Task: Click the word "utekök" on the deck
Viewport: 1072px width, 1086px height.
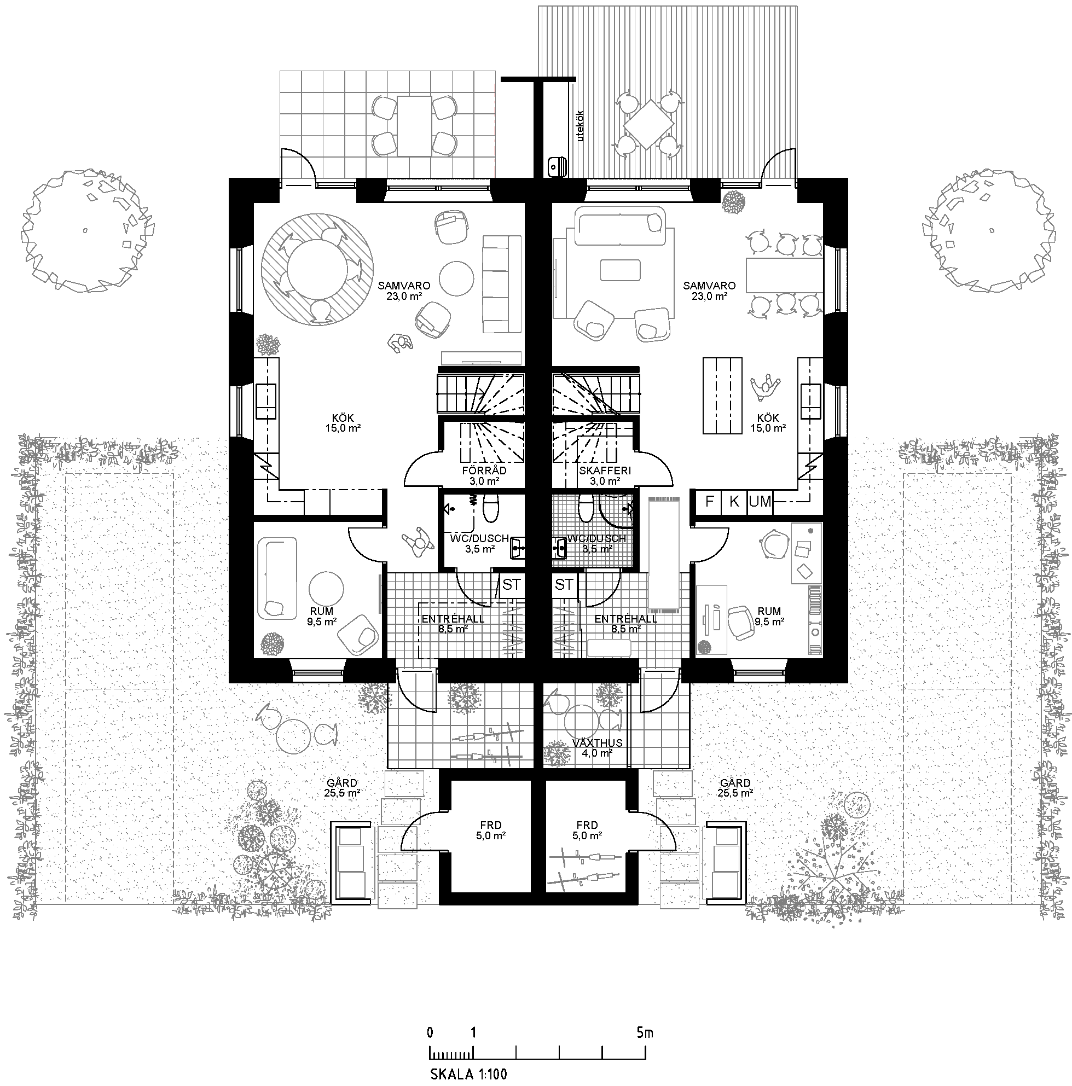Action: tap(581, 125)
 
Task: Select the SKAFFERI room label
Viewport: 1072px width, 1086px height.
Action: tap(605, 471)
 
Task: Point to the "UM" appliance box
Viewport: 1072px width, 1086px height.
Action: tap(760, 501)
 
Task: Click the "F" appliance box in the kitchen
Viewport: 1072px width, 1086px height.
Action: tap(709, 501)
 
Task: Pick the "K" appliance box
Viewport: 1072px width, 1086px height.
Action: tap(735, 501)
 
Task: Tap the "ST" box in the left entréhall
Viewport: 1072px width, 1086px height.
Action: tap(512, 585)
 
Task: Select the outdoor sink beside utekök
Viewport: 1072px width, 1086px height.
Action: tap(557, 166)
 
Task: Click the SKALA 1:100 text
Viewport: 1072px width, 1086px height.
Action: tap(468, 1074)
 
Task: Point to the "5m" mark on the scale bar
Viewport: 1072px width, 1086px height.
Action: tap(645, 1032)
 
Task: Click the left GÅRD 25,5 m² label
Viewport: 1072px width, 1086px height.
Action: tap(342, 787)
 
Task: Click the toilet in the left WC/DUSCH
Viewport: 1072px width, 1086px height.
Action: tap(490, 507)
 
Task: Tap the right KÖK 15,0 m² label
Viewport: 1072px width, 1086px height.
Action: tap(768, 423)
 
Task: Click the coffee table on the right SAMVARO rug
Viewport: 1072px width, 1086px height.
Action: tap(620, 270)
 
